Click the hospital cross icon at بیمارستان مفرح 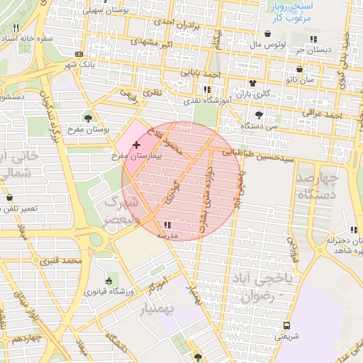click(x=136, y=145)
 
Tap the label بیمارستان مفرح click(x=139, y=155)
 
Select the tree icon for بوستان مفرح click(x=88, y=118)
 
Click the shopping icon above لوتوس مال click(x=267, y=33)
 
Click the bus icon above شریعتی click(x=286, y=326)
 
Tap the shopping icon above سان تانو click(x=301, y=69)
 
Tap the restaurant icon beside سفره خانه click(x=16, y=28)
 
